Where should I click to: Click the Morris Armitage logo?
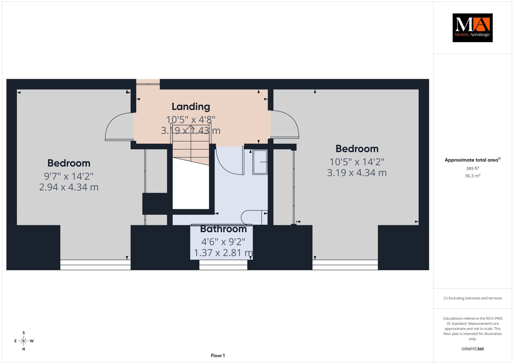click(x=472, y=28)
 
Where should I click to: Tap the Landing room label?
click(x=191, y=107)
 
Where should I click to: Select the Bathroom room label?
click(x=223, y=229)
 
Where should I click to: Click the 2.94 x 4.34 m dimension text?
click(x=69, y=187)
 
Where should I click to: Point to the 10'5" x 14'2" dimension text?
click(x=357, y=162)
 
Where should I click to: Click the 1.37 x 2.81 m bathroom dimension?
click(x=223, y=253)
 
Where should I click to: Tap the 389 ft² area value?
click(x=473, y=168)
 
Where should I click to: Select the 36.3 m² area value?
click(x=473, y=176)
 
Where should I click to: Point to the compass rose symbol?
click(x=24, y=341)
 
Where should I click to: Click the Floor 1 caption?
click(x=218, y=355)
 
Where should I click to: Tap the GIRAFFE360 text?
click(x=473, y=349)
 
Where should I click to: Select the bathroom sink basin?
click(x=260, y=162)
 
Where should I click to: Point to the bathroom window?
click(x=223, y=265)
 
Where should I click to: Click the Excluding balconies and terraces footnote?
click(x=473, y=298)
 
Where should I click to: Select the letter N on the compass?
click(x=24, y=349)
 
